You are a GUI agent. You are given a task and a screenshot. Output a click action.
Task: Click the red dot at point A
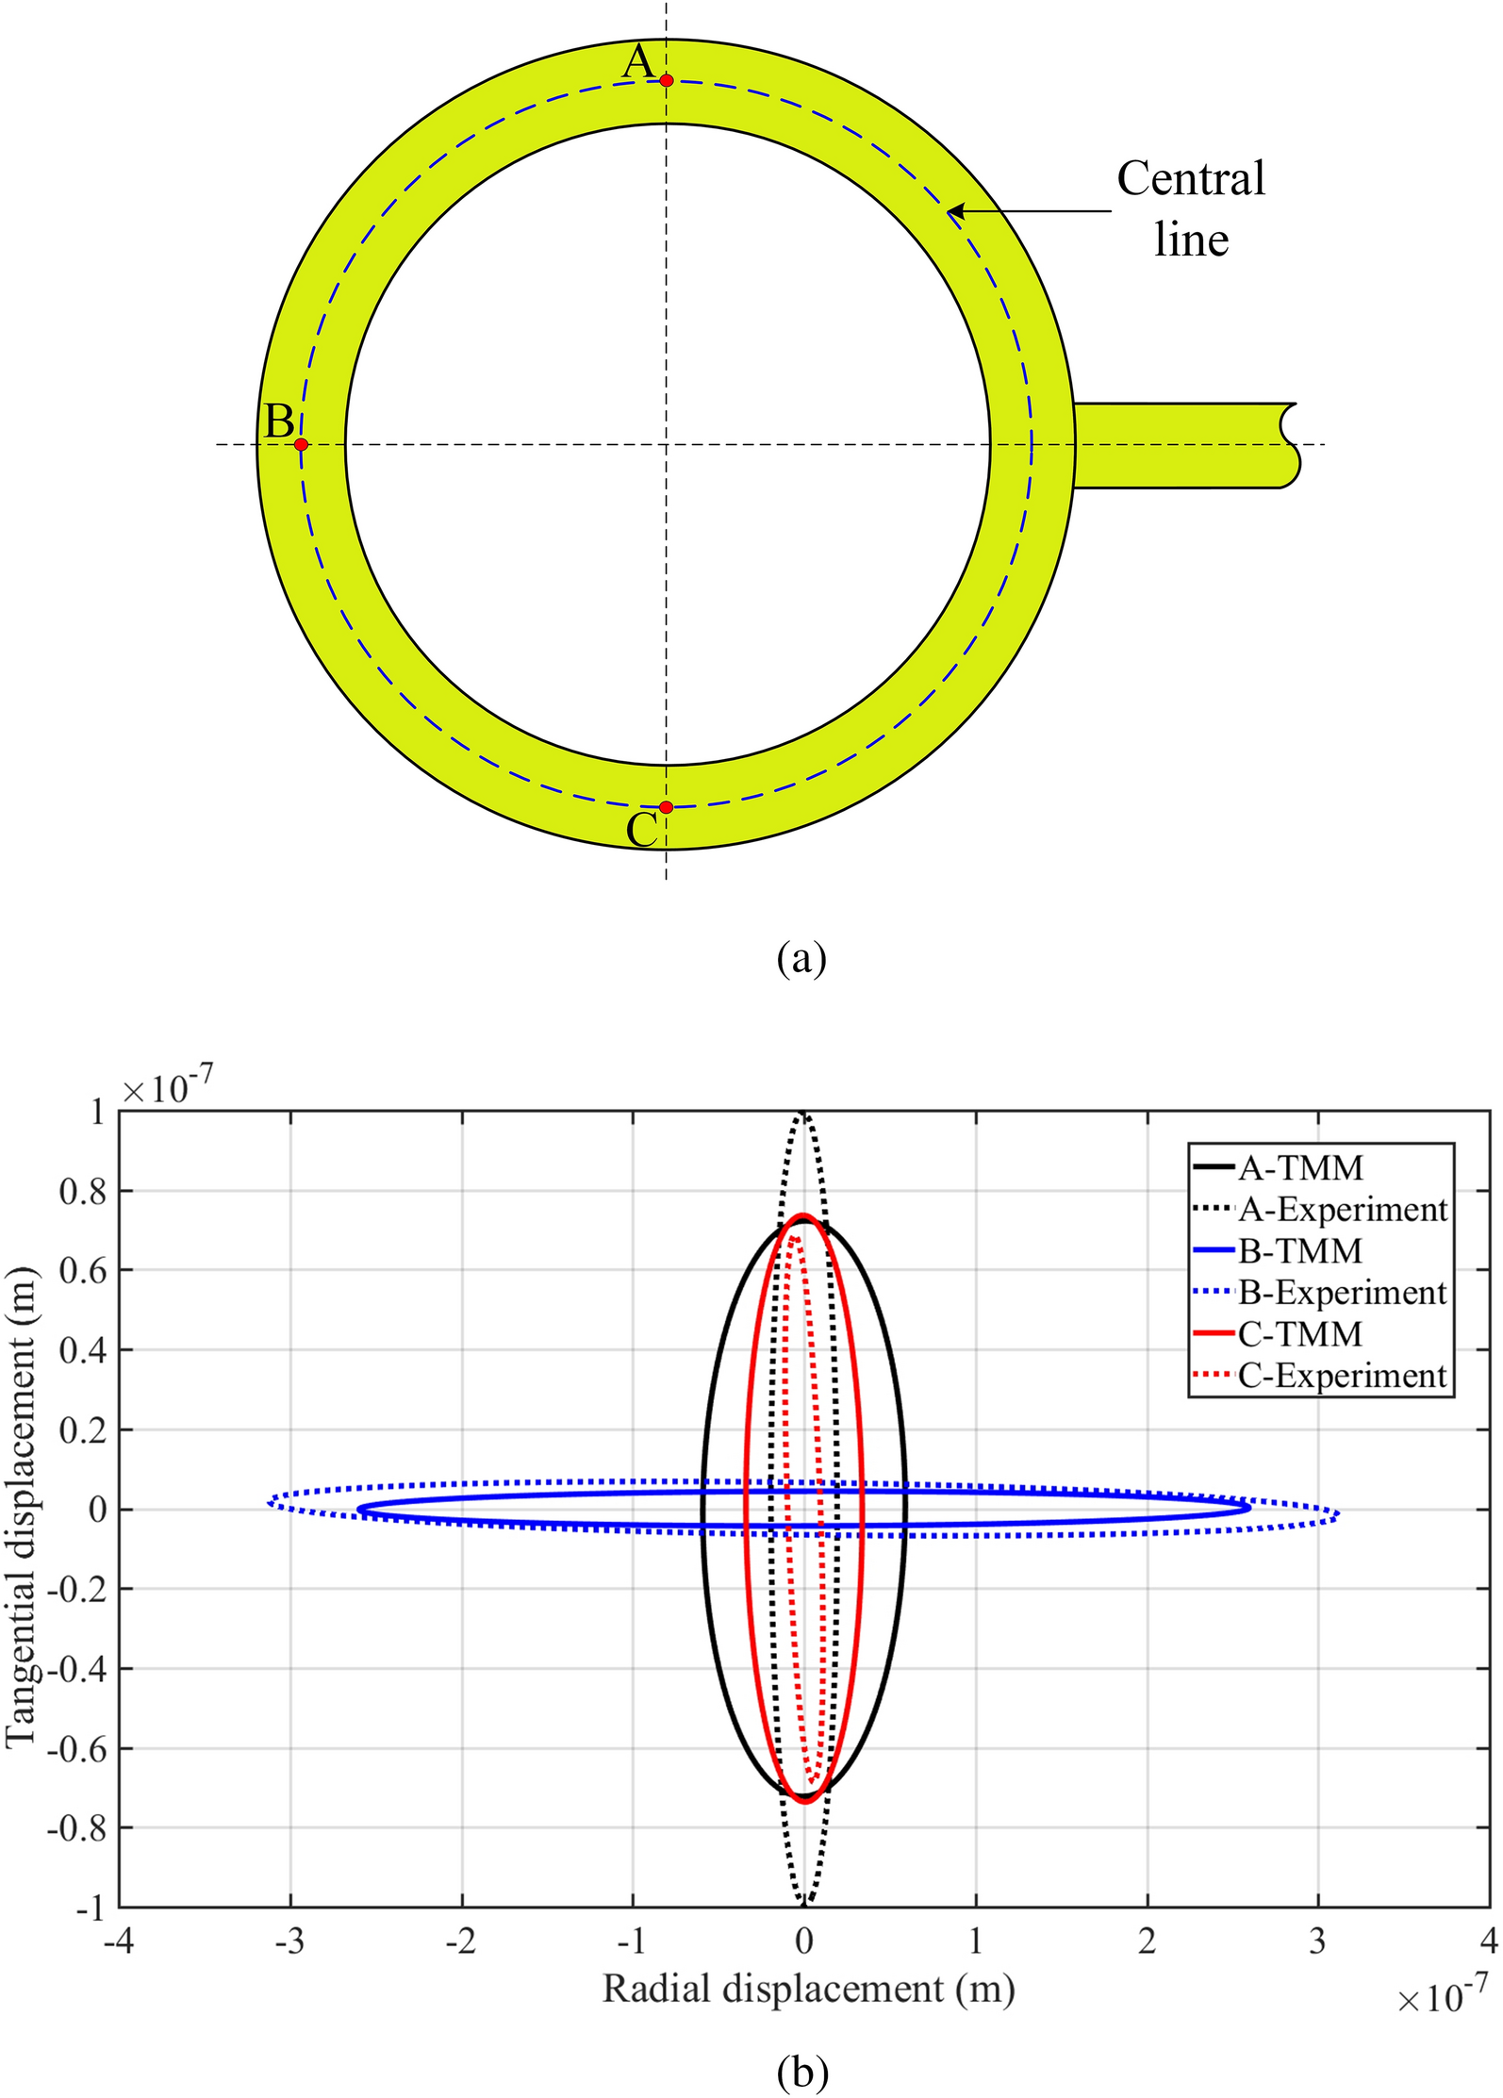coord(667,80)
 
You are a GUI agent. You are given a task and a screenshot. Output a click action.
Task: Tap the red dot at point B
coord(301,444)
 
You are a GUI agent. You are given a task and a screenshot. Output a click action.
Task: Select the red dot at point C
coord(667,807)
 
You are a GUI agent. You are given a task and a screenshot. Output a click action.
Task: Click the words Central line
coord(1191,208)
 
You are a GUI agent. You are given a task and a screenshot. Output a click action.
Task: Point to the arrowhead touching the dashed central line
coord(955,211)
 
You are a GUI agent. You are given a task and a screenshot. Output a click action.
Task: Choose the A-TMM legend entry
coord(1279,1167)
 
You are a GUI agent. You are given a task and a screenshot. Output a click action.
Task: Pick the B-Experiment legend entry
coord(1320,1292)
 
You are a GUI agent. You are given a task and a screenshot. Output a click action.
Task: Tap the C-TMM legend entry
coord(1279,1334)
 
